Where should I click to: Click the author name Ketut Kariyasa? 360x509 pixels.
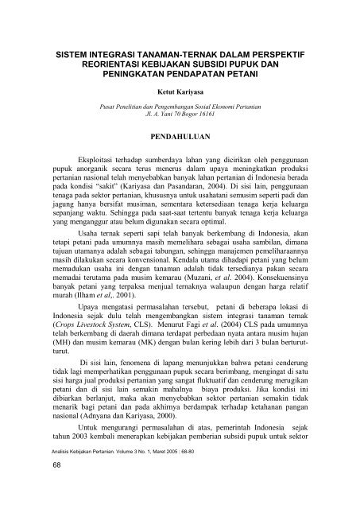tap(180, 92)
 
